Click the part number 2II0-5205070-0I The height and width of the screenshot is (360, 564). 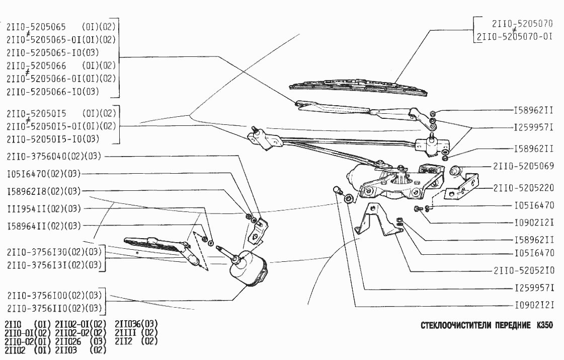pos(515,36)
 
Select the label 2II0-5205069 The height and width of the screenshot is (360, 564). pos(523,166)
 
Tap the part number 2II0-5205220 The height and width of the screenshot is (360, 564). pos(523,188)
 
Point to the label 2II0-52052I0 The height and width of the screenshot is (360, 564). pos(523,270)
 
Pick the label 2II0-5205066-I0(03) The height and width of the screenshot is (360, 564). pos(52,92)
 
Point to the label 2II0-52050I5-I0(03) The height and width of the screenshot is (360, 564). pos(52,139)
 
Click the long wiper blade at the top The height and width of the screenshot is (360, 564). pos(358,85)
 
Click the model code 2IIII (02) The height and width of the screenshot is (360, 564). pos(136,332)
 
